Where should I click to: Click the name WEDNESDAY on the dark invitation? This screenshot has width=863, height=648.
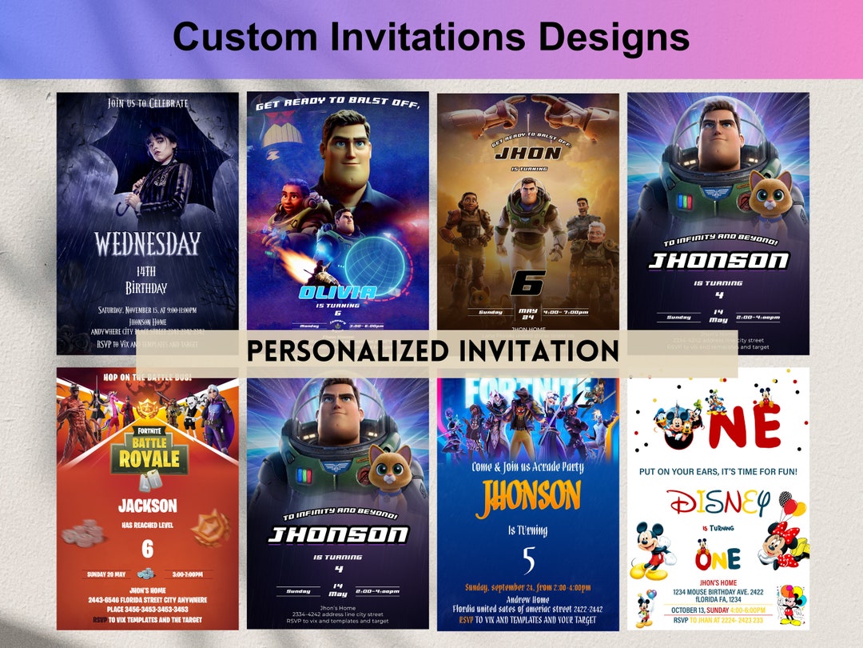coord(147,244)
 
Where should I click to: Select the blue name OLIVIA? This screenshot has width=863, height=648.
coord(336,292)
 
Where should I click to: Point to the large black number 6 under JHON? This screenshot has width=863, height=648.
coord(527,282)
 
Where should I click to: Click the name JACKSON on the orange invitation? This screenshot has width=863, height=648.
coord(147,506)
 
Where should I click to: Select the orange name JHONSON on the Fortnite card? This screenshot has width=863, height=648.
coord(527,496)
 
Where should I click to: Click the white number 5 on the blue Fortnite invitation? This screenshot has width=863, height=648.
coord(528,560)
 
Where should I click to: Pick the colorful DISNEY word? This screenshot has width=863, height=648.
coord(718,504)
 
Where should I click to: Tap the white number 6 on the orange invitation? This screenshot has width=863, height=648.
coord(147,549)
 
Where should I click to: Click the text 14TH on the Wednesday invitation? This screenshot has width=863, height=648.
coord(147,272)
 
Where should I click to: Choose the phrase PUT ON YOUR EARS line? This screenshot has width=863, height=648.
coord(718,472)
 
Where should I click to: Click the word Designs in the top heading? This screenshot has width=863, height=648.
coord(608,37)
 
